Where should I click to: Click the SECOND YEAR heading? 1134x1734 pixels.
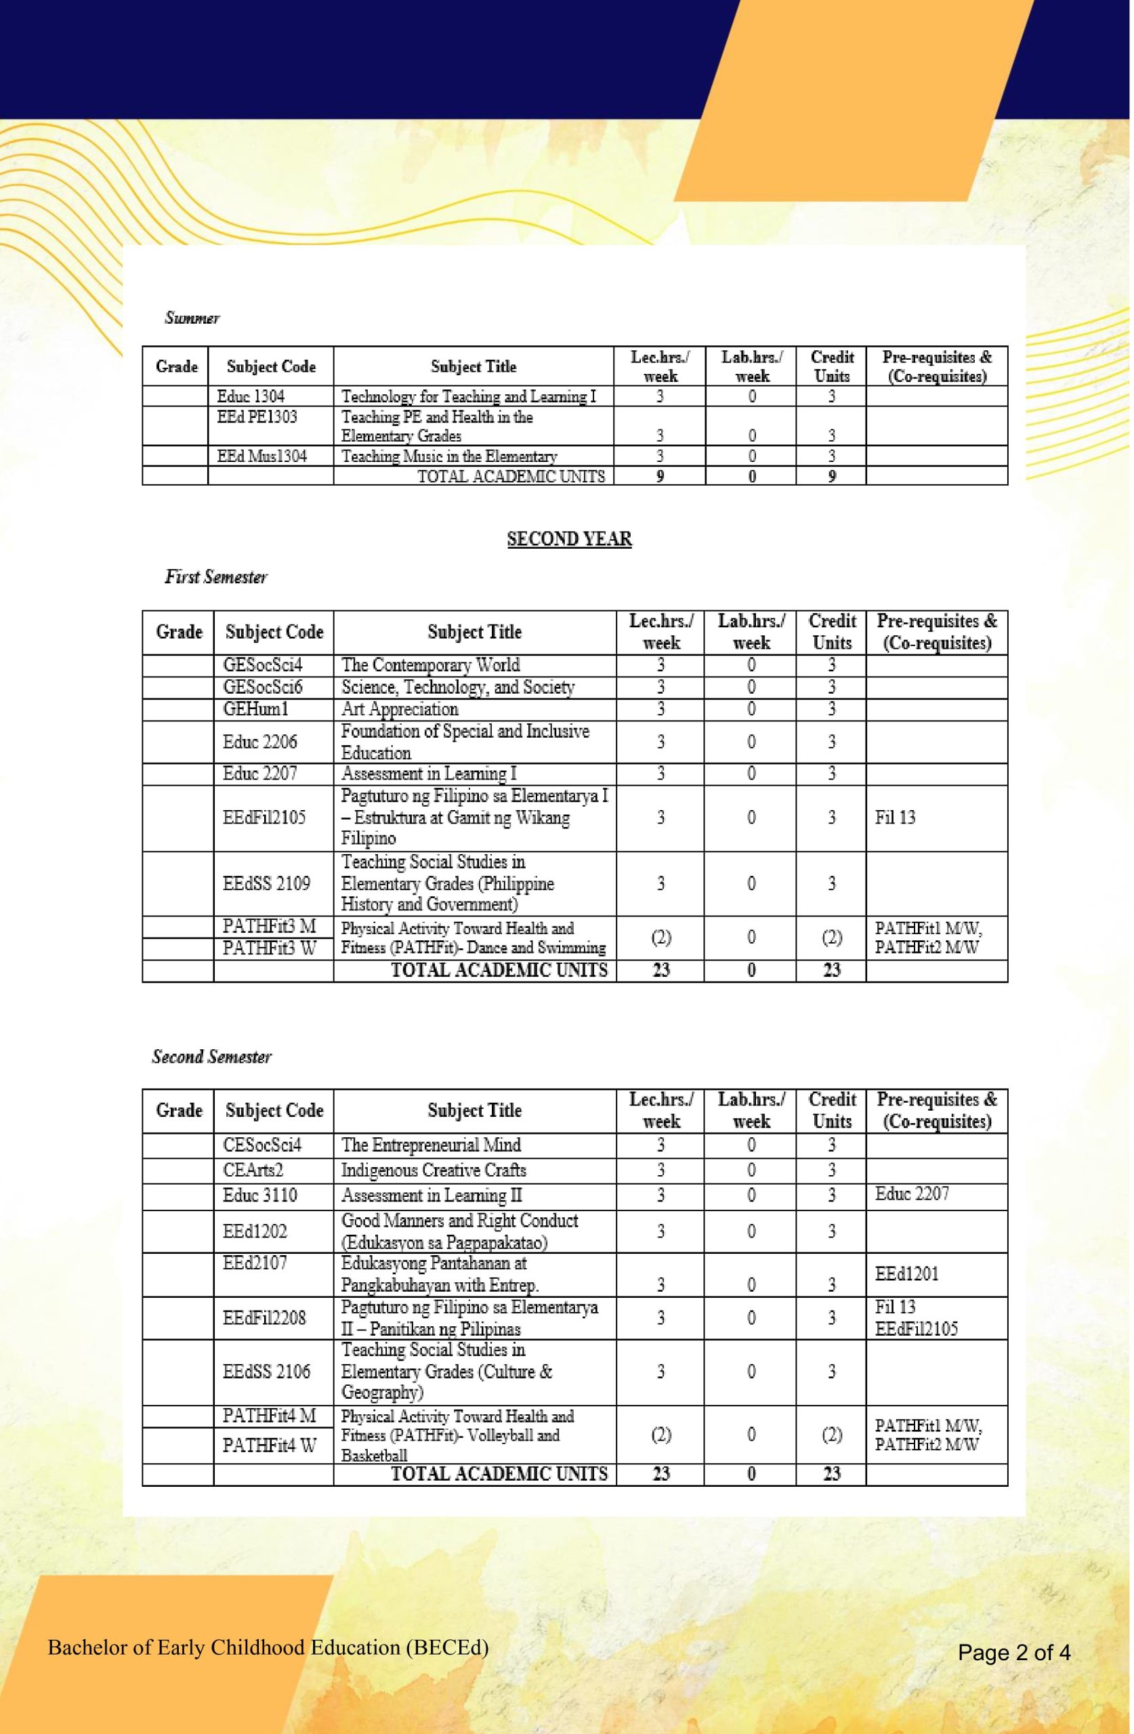tap(569, 539)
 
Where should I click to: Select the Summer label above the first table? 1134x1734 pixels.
tap(192, 318)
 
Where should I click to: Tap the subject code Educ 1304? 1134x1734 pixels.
tap(251, 396)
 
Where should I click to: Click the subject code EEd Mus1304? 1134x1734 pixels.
tap(262, 456)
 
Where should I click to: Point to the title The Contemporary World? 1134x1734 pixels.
tap(430, 665)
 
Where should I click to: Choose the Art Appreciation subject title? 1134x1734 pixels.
tap(400, 709)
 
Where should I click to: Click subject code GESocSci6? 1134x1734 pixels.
tap(262, 687)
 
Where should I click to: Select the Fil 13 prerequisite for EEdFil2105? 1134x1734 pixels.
tap(895, 818)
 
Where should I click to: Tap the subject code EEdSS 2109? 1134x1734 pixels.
tap(267, 884)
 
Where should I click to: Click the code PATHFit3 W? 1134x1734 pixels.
tap(270, 948)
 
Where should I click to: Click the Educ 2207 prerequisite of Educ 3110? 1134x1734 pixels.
tap(912, 1194)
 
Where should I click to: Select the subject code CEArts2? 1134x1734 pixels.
tap(253, 1170)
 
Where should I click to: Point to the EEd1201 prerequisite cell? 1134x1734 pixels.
tap(906, 1274)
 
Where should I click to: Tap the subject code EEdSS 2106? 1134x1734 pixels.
tap(267, 1372)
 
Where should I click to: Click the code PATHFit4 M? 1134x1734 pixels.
tap(270, 1416)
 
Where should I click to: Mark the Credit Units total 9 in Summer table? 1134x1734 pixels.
tap(832, 476)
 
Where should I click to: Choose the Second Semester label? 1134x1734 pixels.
tap(211, 1057)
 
